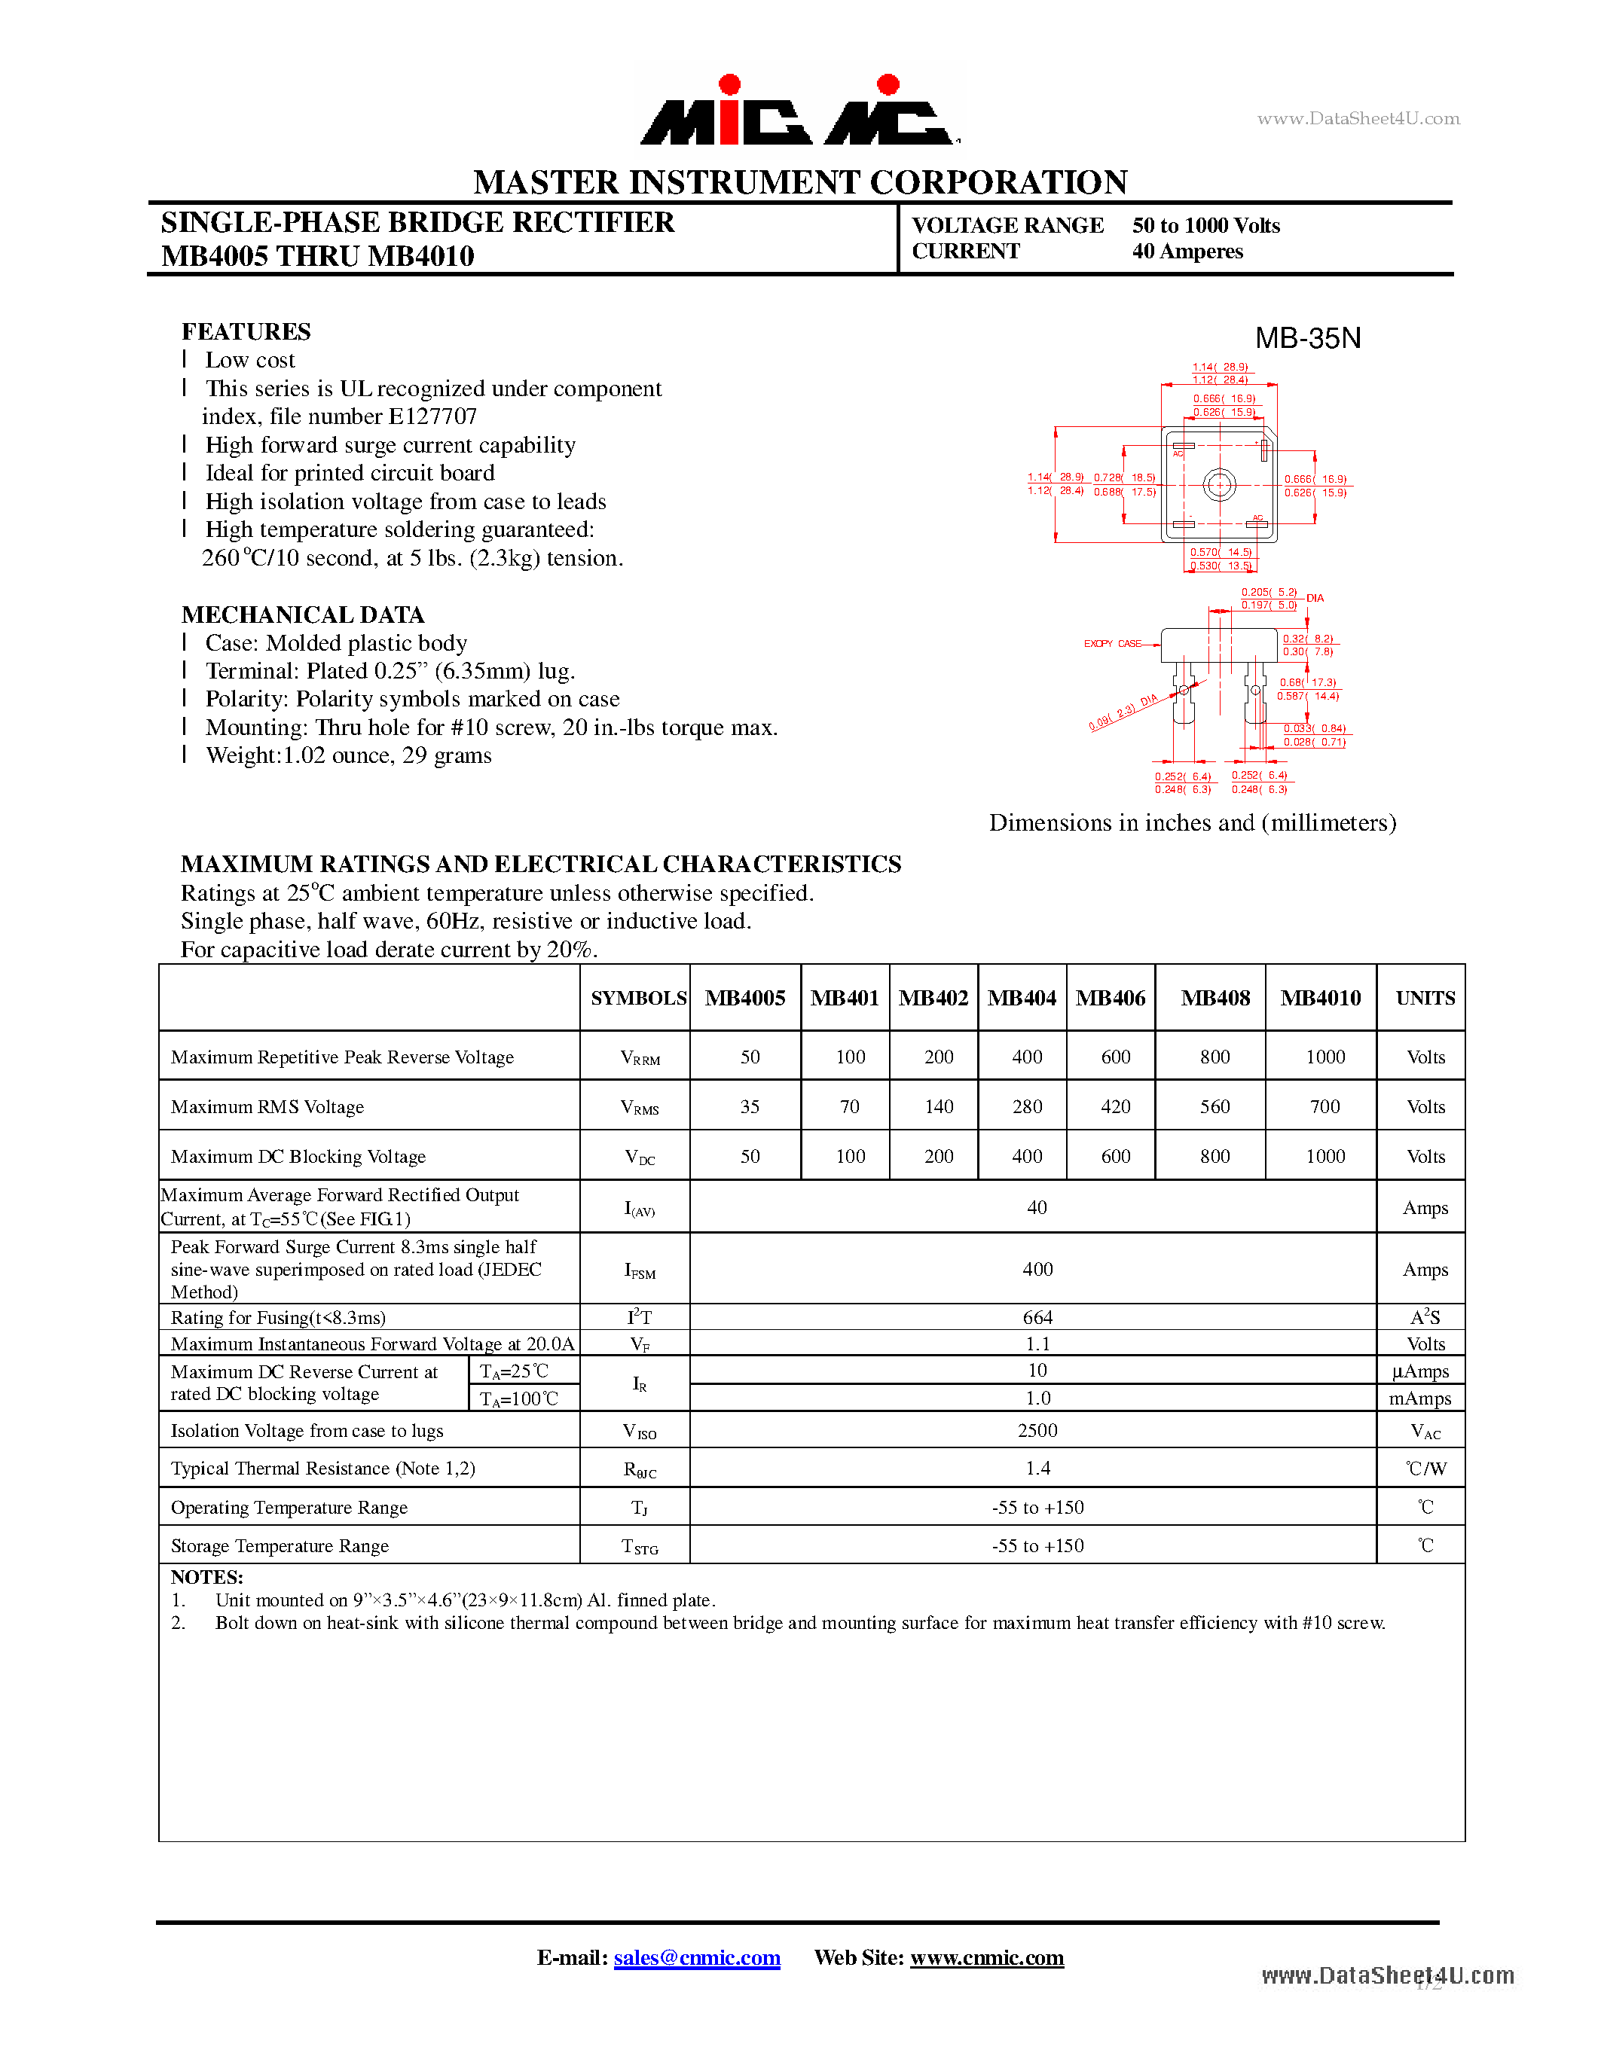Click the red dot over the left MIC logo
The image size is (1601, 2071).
[729, 84]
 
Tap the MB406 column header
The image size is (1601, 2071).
[1110, 998]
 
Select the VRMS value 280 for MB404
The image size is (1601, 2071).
[1026, 1106]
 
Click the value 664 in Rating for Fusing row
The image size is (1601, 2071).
[1037, 1317]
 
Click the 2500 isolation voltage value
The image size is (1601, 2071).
[1037, 1430]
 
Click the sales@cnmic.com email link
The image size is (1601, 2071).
[696, 1957]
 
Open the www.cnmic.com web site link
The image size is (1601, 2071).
[986, 1957]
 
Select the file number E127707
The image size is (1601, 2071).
[432, 416]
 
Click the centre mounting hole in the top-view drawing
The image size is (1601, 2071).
[1219, 486]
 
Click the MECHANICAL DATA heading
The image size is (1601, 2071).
[303, 615]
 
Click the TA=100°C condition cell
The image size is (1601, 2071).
[519, 1398]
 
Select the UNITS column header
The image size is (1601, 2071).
[1425, 998]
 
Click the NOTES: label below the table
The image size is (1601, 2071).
[206, 1577]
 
